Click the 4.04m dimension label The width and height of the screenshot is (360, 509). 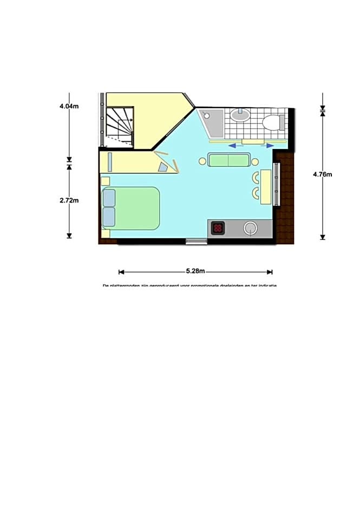click(x=69, y=106)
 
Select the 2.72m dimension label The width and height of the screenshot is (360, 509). click(x=69, y=200)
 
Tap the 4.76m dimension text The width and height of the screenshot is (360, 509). click(x=323, y=174)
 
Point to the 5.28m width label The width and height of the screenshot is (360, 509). click(x=195, y=272)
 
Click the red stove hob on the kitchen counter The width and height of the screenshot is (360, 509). click(x=218, y=228)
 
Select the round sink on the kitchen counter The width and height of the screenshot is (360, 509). click(x=250, y=228)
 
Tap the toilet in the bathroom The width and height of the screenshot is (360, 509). click(x=272, y=122)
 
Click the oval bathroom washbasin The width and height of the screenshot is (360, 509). click(x=240, y=115)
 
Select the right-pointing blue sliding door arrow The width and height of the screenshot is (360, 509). click(x=267, y=145)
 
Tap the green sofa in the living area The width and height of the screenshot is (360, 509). click(x=229, y=160)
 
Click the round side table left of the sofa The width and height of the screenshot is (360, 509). click(x=202, y=161)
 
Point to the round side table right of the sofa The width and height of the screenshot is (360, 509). click(x=255, y=161)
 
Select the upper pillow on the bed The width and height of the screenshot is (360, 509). click(x=109, y=198)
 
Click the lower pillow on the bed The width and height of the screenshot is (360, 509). click(x=109, y=217)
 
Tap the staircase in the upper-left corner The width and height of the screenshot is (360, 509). click(x=119, y=126)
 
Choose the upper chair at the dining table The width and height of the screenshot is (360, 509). click(x=255, y=178)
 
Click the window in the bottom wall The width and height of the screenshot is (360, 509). click(x=197, y=241)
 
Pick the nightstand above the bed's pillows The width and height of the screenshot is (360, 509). click(x=106, y=181)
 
